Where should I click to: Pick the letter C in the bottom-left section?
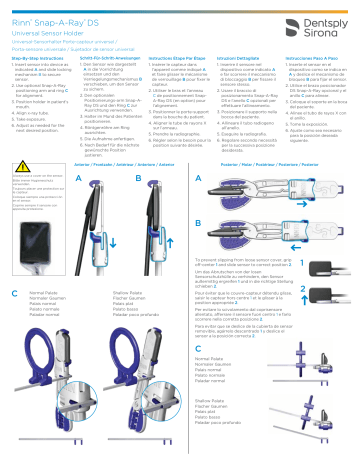(13, 293)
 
